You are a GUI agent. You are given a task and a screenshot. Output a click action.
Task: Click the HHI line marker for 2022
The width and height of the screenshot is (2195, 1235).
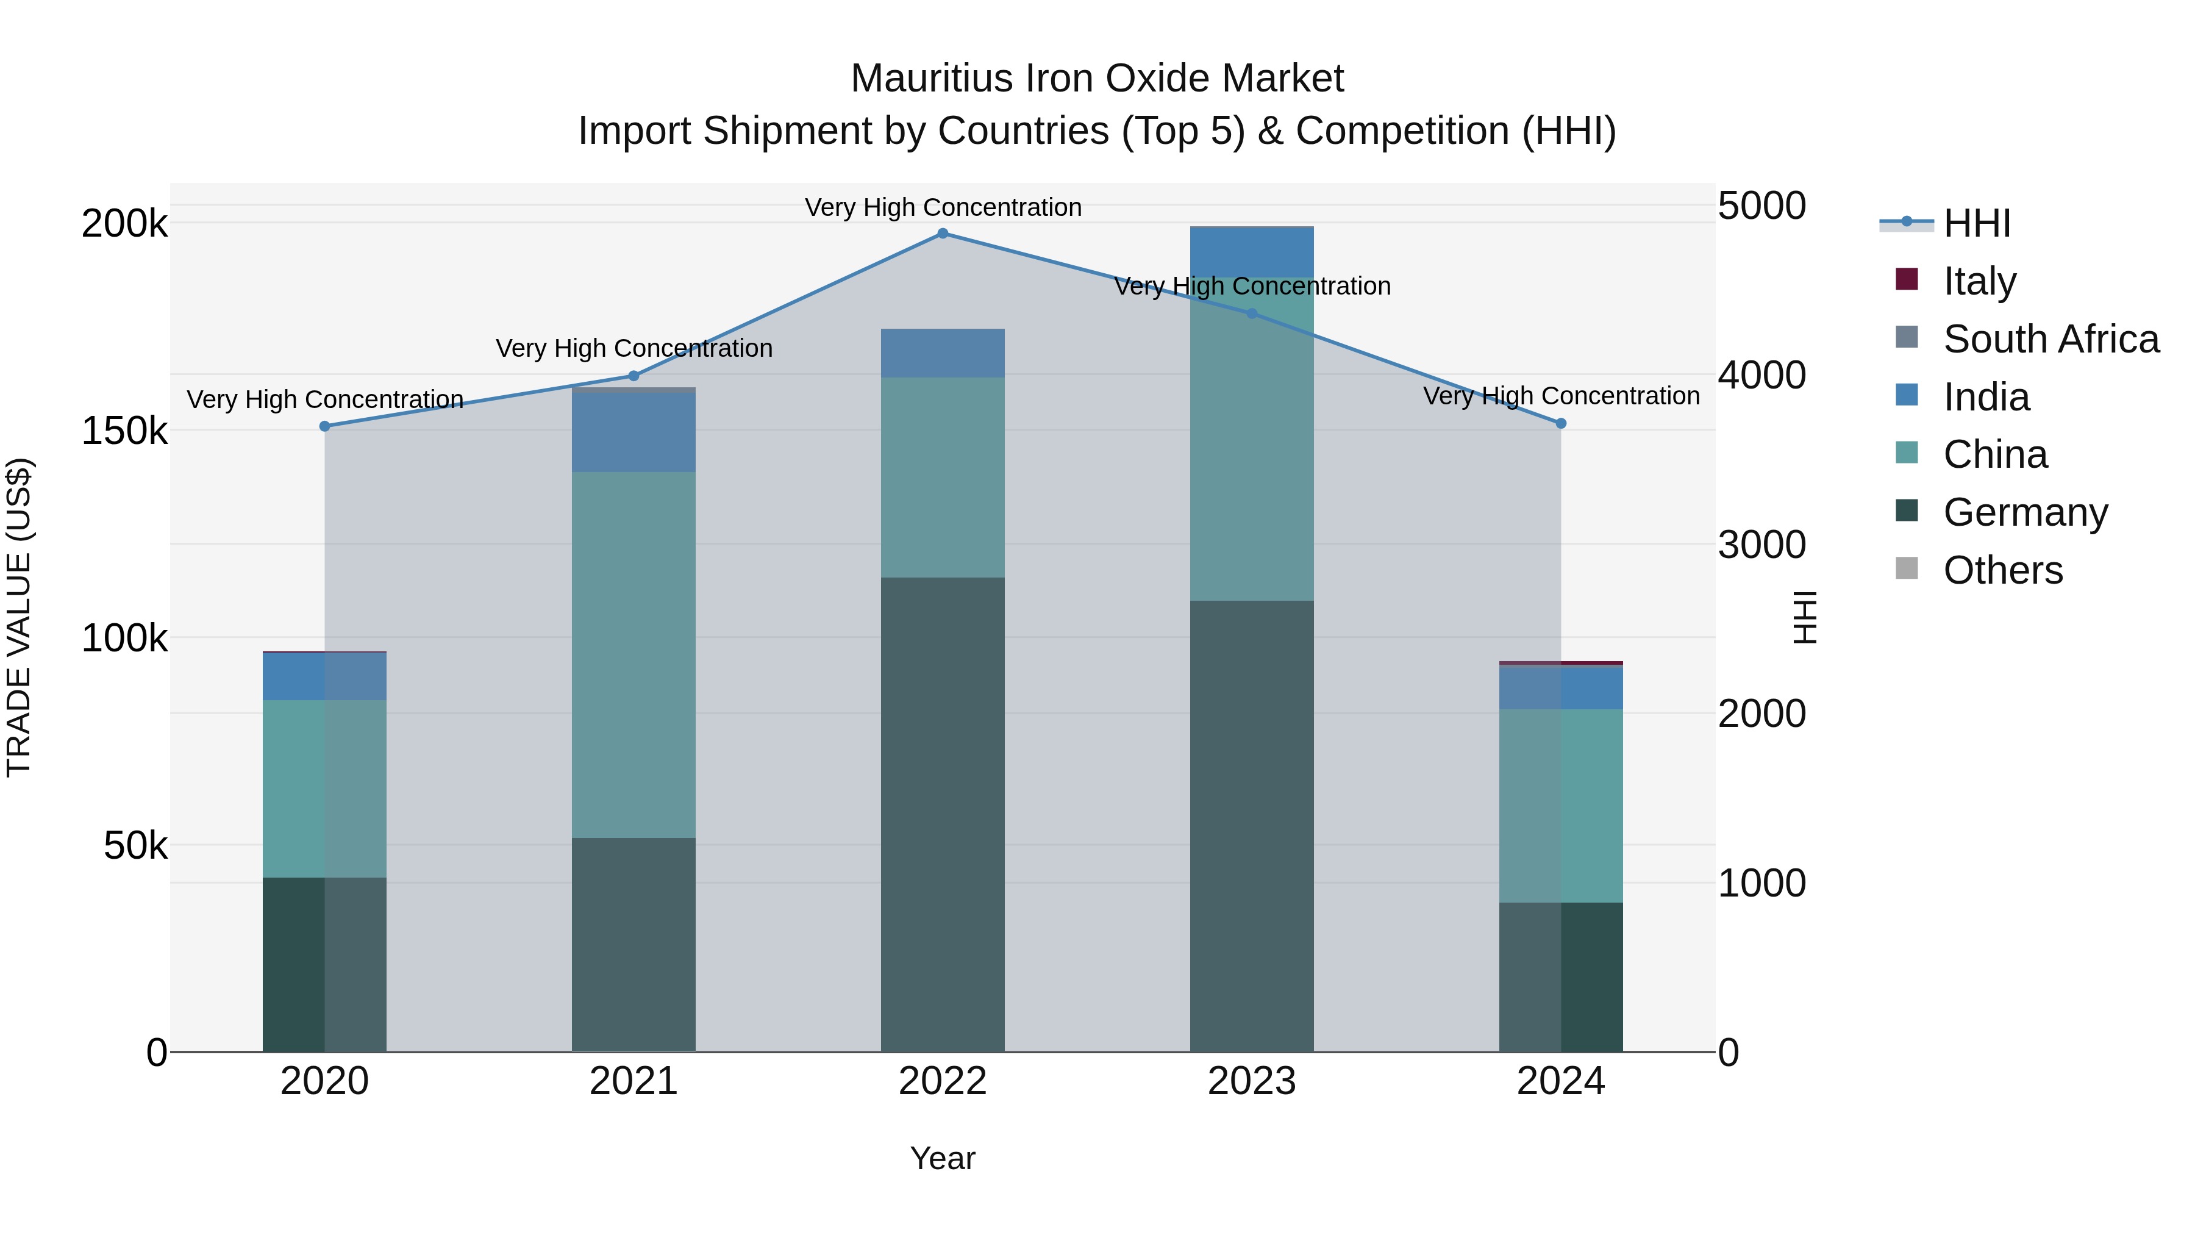point(943,234)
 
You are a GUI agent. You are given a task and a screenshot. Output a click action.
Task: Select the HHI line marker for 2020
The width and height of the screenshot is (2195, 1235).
point(324,426)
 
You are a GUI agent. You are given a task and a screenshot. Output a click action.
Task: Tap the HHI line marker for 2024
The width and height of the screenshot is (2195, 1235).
point(1561,424)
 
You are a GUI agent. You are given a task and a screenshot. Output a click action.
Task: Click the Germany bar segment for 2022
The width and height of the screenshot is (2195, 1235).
point(943,814)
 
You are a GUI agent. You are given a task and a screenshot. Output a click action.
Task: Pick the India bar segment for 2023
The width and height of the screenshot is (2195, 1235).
point(1252,251)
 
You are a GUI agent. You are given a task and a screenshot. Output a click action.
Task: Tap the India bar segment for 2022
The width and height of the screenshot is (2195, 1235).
point(943,353)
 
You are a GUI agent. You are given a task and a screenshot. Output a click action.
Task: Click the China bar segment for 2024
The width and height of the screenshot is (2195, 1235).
point(1561,806)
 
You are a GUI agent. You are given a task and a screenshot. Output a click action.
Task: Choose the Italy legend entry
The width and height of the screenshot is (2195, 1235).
point(1979,281)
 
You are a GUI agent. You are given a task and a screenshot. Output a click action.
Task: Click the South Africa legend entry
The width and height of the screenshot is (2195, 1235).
point(2050,338)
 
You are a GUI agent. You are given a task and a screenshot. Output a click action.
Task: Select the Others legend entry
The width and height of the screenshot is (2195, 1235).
point(2002,570)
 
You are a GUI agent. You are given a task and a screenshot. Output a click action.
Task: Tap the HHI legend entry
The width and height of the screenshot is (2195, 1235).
point(1977,223)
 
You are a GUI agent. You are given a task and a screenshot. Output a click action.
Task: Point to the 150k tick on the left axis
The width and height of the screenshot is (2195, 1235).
point(124,431)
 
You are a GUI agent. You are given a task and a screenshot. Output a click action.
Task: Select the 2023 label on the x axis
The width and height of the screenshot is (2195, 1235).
point(1252,1081)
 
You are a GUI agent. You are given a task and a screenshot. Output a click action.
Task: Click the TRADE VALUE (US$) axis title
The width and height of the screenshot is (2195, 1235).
point(20,617)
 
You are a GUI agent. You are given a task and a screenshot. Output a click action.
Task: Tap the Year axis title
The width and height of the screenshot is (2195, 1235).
point(943,1158)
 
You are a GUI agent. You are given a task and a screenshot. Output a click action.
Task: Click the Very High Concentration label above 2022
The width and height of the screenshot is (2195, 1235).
point(943,207)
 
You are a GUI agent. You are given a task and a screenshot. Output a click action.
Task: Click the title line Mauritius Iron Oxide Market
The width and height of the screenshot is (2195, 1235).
point(1097,79)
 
